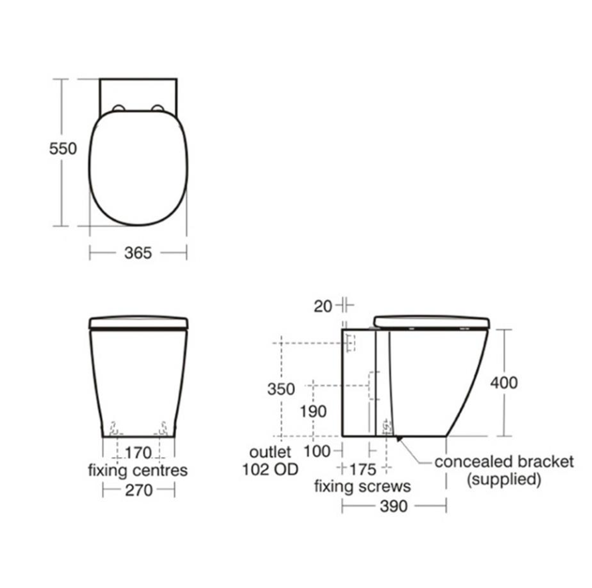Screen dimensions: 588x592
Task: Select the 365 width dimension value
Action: pos(138,252)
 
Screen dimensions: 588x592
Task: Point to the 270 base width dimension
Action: pos(138,490)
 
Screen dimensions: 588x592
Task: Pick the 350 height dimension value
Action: pos(281,388)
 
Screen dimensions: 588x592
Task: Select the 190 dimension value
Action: pos(313,412)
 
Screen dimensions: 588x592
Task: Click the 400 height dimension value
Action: pos(504,382)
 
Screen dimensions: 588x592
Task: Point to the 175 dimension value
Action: pos(362,469)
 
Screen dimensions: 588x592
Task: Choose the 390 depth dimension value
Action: pos(394,507)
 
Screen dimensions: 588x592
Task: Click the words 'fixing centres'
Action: pos(137,471)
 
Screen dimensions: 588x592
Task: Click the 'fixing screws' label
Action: pos(362,487)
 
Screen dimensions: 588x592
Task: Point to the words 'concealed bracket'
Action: pos(503,462)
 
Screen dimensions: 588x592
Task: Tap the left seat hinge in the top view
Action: pos(119,107)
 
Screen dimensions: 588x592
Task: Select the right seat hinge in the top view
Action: pos(158,107)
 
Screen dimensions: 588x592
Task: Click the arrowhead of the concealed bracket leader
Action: pos(398,438)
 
